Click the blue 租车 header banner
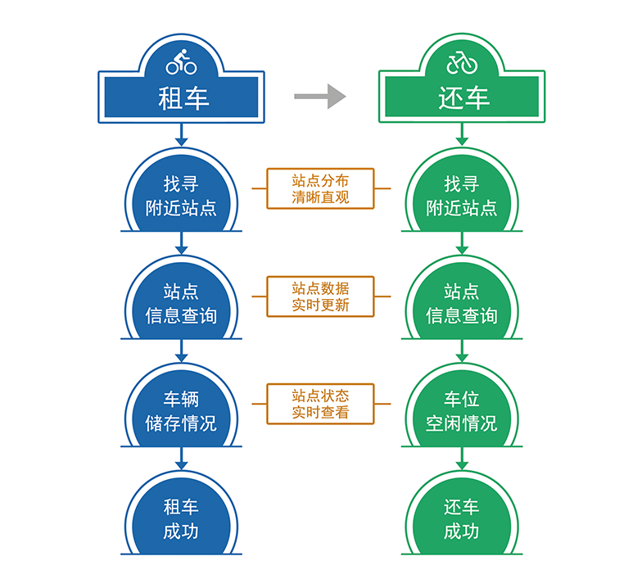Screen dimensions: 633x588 181,97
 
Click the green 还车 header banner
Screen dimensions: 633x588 462,97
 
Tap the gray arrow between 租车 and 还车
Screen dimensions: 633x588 320,96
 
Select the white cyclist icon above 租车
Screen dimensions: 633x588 181,61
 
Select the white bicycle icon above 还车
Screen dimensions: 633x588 462,62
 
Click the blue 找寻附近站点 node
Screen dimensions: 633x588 181,194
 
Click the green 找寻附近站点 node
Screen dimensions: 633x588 462,194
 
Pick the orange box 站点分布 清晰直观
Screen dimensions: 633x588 320,188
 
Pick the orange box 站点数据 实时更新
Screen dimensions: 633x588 320,296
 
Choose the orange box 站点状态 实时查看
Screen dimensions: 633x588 320,404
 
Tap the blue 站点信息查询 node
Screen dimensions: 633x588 181,301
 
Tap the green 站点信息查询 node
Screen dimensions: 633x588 462,301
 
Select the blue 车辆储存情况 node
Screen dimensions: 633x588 181,409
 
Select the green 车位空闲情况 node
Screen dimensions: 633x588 462,409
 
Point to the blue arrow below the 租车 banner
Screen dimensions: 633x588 181,134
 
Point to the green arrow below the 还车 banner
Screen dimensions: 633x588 462,134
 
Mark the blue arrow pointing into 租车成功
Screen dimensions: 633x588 181,459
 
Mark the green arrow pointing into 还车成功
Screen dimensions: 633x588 462,459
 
